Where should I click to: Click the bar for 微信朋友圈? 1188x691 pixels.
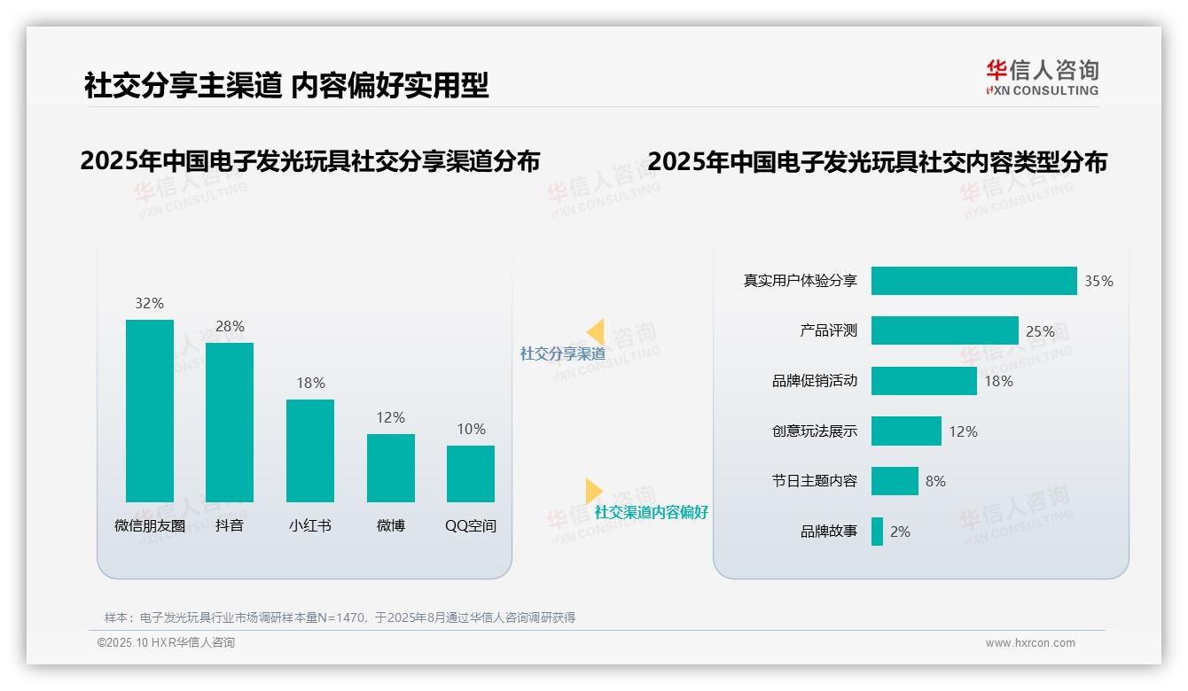(150, 411)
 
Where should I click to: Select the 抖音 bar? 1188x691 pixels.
(230, 423)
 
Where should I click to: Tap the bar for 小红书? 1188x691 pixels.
(310, 451)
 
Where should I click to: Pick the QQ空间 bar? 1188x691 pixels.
(471, 474)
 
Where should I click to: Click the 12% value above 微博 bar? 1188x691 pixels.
(390, 417)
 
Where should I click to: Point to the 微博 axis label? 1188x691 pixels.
(390, 525)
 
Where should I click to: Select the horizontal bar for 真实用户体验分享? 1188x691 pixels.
(973, 281)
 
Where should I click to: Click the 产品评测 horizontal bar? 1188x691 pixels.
(944, 330)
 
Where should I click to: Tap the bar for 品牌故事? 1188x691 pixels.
(877, 532)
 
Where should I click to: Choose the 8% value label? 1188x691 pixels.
(935, 481)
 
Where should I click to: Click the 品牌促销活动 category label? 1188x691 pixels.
(814, 381)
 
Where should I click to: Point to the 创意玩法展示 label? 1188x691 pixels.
(814, 431)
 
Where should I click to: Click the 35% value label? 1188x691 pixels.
(1098, 281)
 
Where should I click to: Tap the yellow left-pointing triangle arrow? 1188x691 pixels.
(595, 332)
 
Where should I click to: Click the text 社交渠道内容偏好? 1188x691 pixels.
(651, 512)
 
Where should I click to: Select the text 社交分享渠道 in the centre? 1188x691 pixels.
(562, 353)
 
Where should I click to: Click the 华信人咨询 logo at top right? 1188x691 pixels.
(1042, 77)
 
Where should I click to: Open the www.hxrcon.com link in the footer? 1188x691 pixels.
(1029, 643)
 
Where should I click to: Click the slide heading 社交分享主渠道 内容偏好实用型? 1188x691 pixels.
(286, 85)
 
